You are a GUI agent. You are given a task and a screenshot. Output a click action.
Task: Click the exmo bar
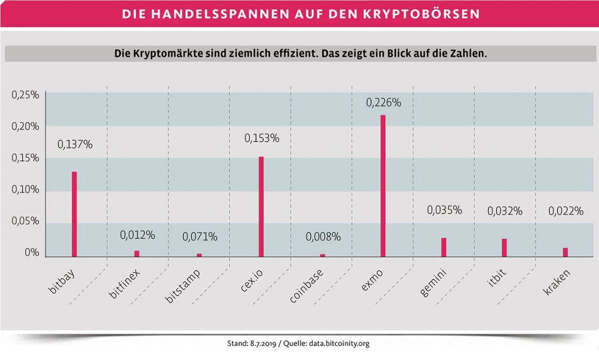383,186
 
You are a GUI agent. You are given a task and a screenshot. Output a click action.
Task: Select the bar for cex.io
261,206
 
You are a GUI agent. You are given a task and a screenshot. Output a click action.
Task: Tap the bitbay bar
74,214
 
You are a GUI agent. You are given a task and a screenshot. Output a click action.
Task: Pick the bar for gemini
444,247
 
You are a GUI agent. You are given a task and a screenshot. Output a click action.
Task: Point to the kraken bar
566,252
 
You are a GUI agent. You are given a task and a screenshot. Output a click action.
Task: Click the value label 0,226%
383,102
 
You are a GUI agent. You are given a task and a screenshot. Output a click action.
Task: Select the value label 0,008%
322,237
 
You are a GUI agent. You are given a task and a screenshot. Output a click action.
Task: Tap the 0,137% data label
74,144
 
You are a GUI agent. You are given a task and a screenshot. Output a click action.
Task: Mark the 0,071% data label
199,237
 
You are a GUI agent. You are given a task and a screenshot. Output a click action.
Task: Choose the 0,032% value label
505,211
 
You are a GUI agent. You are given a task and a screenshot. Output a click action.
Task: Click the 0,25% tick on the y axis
25,95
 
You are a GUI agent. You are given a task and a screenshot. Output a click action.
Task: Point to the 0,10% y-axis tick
25,190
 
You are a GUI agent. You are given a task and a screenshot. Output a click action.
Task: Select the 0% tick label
31,253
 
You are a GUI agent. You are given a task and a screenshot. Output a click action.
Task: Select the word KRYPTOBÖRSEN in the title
419,12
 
